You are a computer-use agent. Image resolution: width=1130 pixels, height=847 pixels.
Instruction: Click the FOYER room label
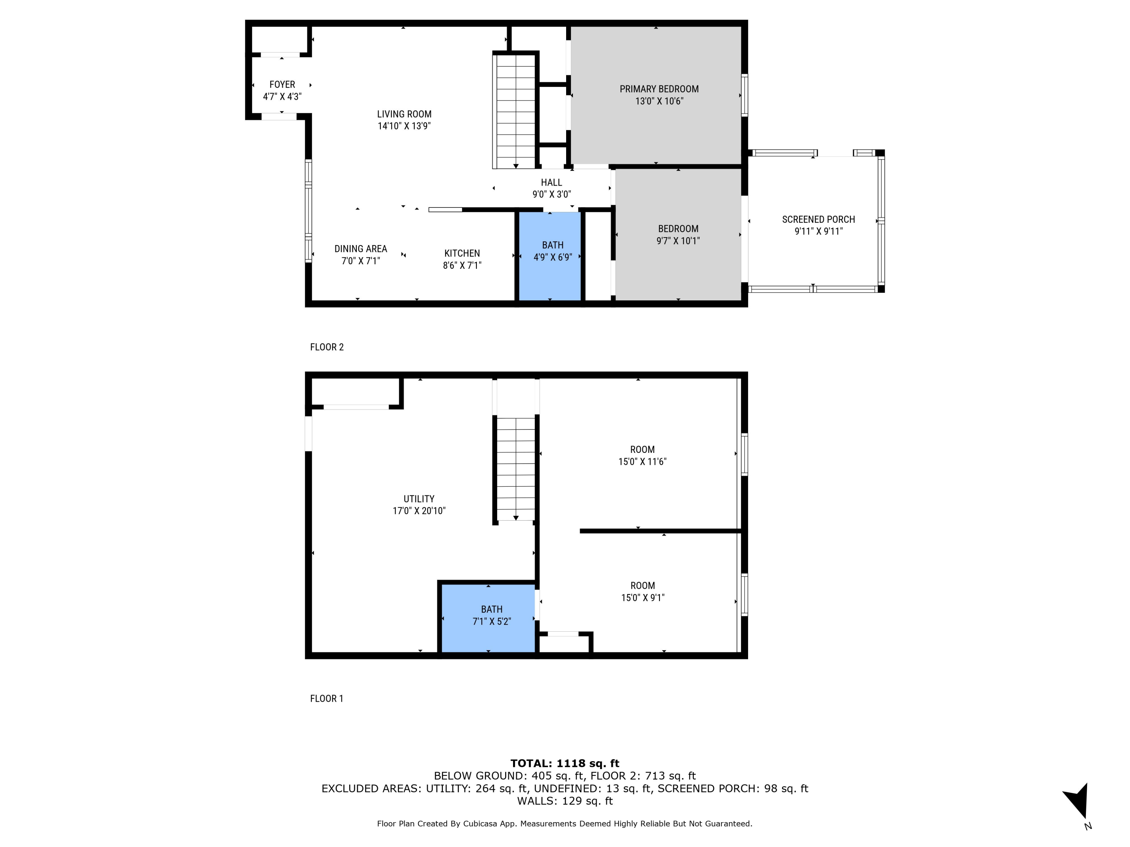(x=282, y=85)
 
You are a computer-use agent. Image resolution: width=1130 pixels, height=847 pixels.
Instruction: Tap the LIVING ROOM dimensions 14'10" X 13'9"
(x=404, y=126)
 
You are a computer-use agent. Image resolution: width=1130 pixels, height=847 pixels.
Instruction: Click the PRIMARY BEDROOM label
(x=659, y=89)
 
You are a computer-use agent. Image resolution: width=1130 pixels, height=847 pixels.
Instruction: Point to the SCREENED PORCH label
(x=818, y=219)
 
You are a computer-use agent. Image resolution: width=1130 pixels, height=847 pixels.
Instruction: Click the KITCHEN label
(x=462, y=253)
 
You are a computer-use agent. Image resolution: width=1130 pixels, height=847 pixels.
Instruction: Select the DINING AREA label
(x=361, y=248)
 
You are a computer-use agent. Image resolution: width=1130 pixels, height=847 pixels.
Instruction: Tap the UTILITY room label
(x=419, y=499)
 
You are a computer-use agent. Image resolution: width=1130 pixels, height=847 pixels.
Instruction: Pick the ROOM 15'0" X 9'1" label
(x=642, y=586)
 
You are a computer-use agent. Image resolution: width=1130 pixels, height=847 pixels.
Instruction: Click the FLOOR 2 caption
(x=327, y=347)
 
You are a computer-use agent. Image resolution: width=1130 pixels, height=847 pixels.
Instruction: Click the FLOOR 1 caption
(x=327, y=698)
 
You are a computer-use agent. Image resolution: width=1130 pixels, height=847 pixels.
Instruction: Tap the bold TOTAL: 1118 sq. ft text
(x=565, y=763)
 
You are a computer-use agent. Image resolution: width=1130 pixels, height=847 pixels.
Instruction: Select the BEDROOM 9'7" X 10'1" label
(x=678, y=229)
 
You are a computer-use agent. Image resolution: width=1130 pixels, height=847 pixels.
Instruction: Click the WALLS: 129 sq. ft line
(x=565, y=801)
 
